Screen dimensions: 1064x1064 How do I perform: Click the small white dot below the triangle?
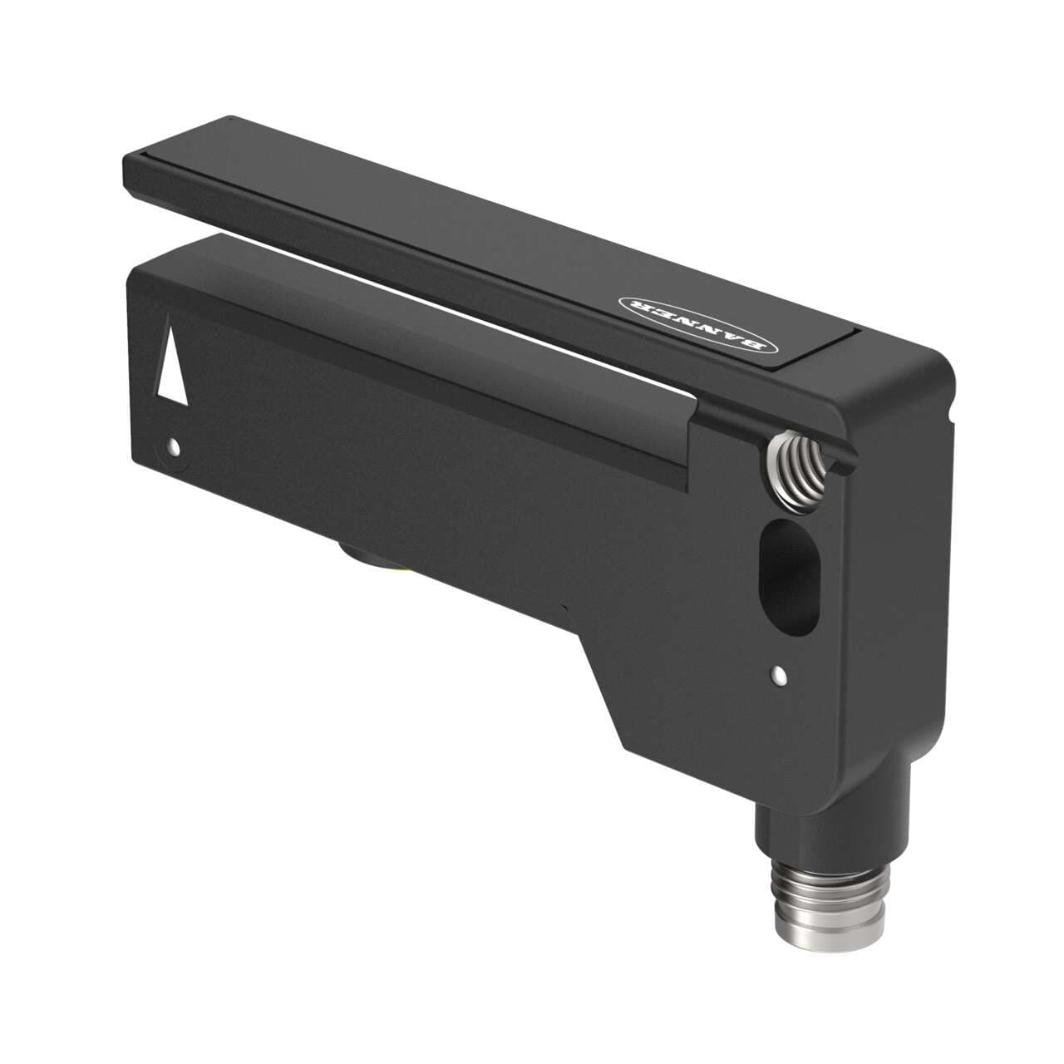(173, 448)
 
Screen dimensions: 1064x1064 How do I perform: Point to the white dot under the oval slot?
(779, 674)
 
